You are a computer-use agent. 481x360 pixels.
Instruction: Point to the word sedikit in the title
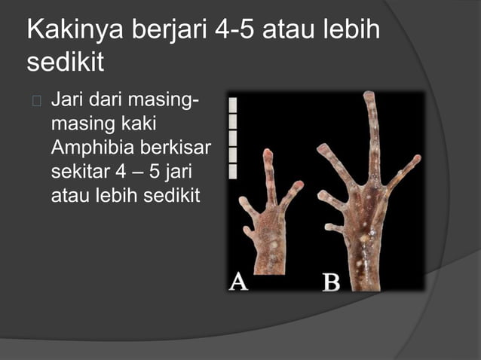coord(65,63)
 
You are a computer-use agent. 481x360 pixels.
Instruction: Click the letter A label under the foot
coord(238,282)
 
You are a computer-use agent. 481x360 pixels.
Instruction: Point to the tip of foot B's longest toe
coord(369,96)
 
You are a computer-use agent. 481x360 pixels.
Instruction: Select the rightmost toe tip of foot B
coord(416,159)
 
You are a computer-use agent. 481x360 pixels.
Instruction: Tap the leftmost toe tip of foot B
coord(321,148)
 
